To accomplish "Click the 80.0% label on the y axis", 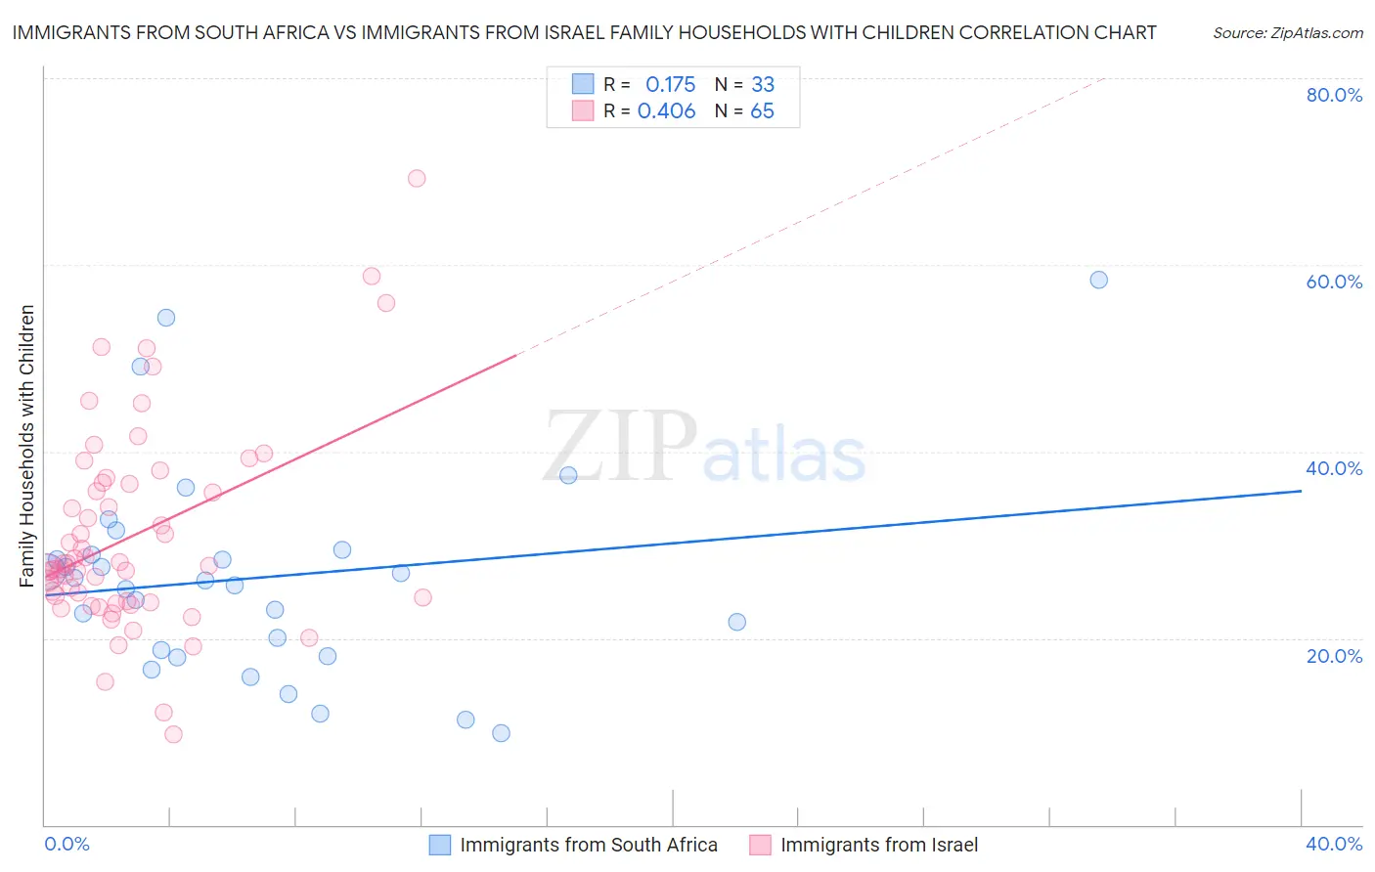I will pyautogui.click(x=1334, y=95).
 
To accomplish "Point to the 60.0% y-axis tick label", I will pyautogui.click(x=1334, y=282).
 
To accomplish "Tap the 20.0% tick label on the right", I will pyautogui.click(x=1334, y=656).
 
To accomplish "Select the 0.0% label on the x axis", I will pyautogui.click(x=67, y=844).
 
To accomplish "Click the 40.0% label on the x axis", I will pyautogui.click(x=1334, y=844).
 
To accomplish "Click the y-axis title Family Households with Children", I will pyautogui.click(x=26, y=446).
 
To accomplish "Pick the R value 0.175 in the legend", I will pyautogui.click(x=670, y=84).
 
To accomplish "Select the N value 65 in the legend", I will pyautogui.click(x=762, y=111).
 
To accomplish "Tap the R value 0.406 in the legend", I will pyautogui.click(x=666, y=111).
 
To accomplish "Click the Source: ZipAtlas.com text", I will pyautogui.click(x=1288, y=32).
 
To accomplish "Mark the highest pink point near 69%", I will pyautogui.click(x=417, y=178).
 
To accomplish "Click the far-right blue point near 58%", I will pyautogui.click(x=1099, y=280).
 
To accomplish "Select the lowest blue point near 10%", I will pyautogui.click(x=501, y=733).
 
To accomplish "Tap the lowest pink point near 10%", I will pyautogui.click(x=173, y=734).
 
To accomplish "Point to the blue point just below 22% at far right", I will pyautogui.click(x=737, y=622).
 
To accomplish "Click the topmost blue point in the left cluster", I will pyautogui.click(x=166, y=318).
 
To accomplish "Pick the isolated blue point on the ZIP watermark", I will pyautogui.click(x=568, y=475).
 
